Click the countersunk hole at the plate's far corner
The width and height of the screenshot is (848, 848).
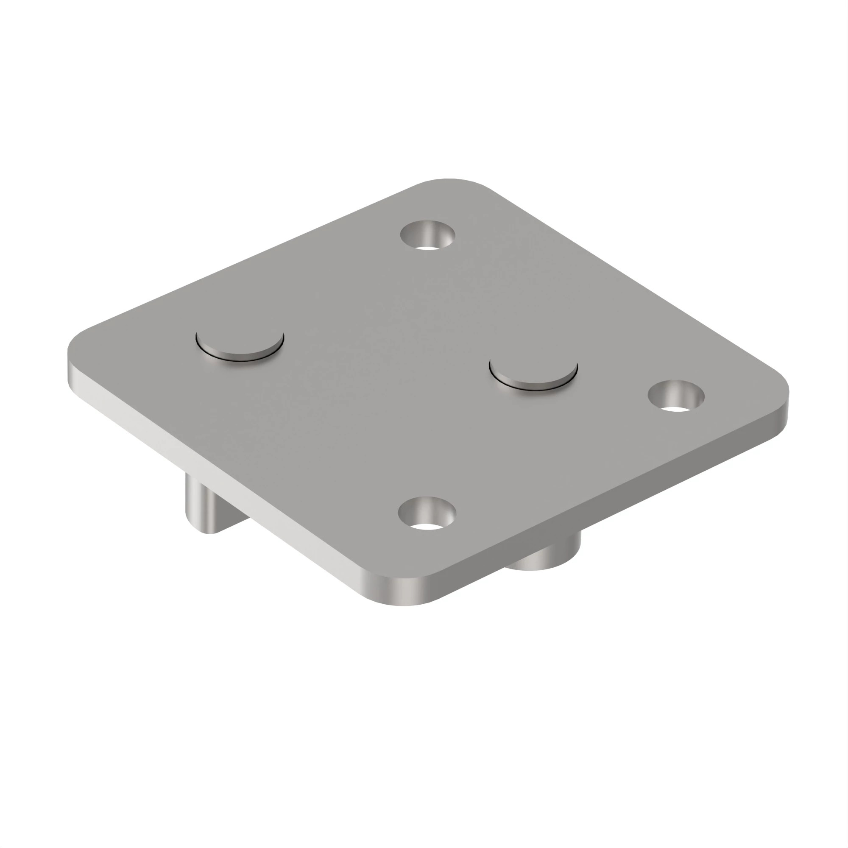[x=427, y=235]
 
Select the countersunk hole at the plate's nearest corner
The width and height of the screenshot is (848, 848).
[x=427, y=513]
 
